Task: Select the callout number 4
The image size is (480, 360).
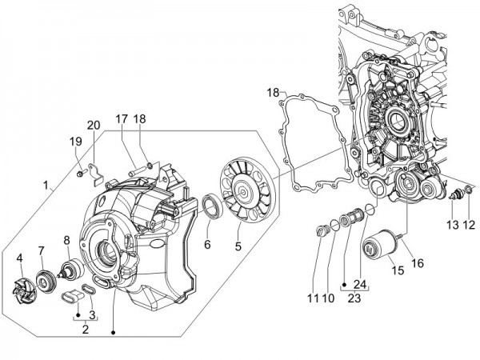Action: click(19, 258)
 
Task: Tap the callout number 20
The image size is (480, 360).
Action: click(94, 125)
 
